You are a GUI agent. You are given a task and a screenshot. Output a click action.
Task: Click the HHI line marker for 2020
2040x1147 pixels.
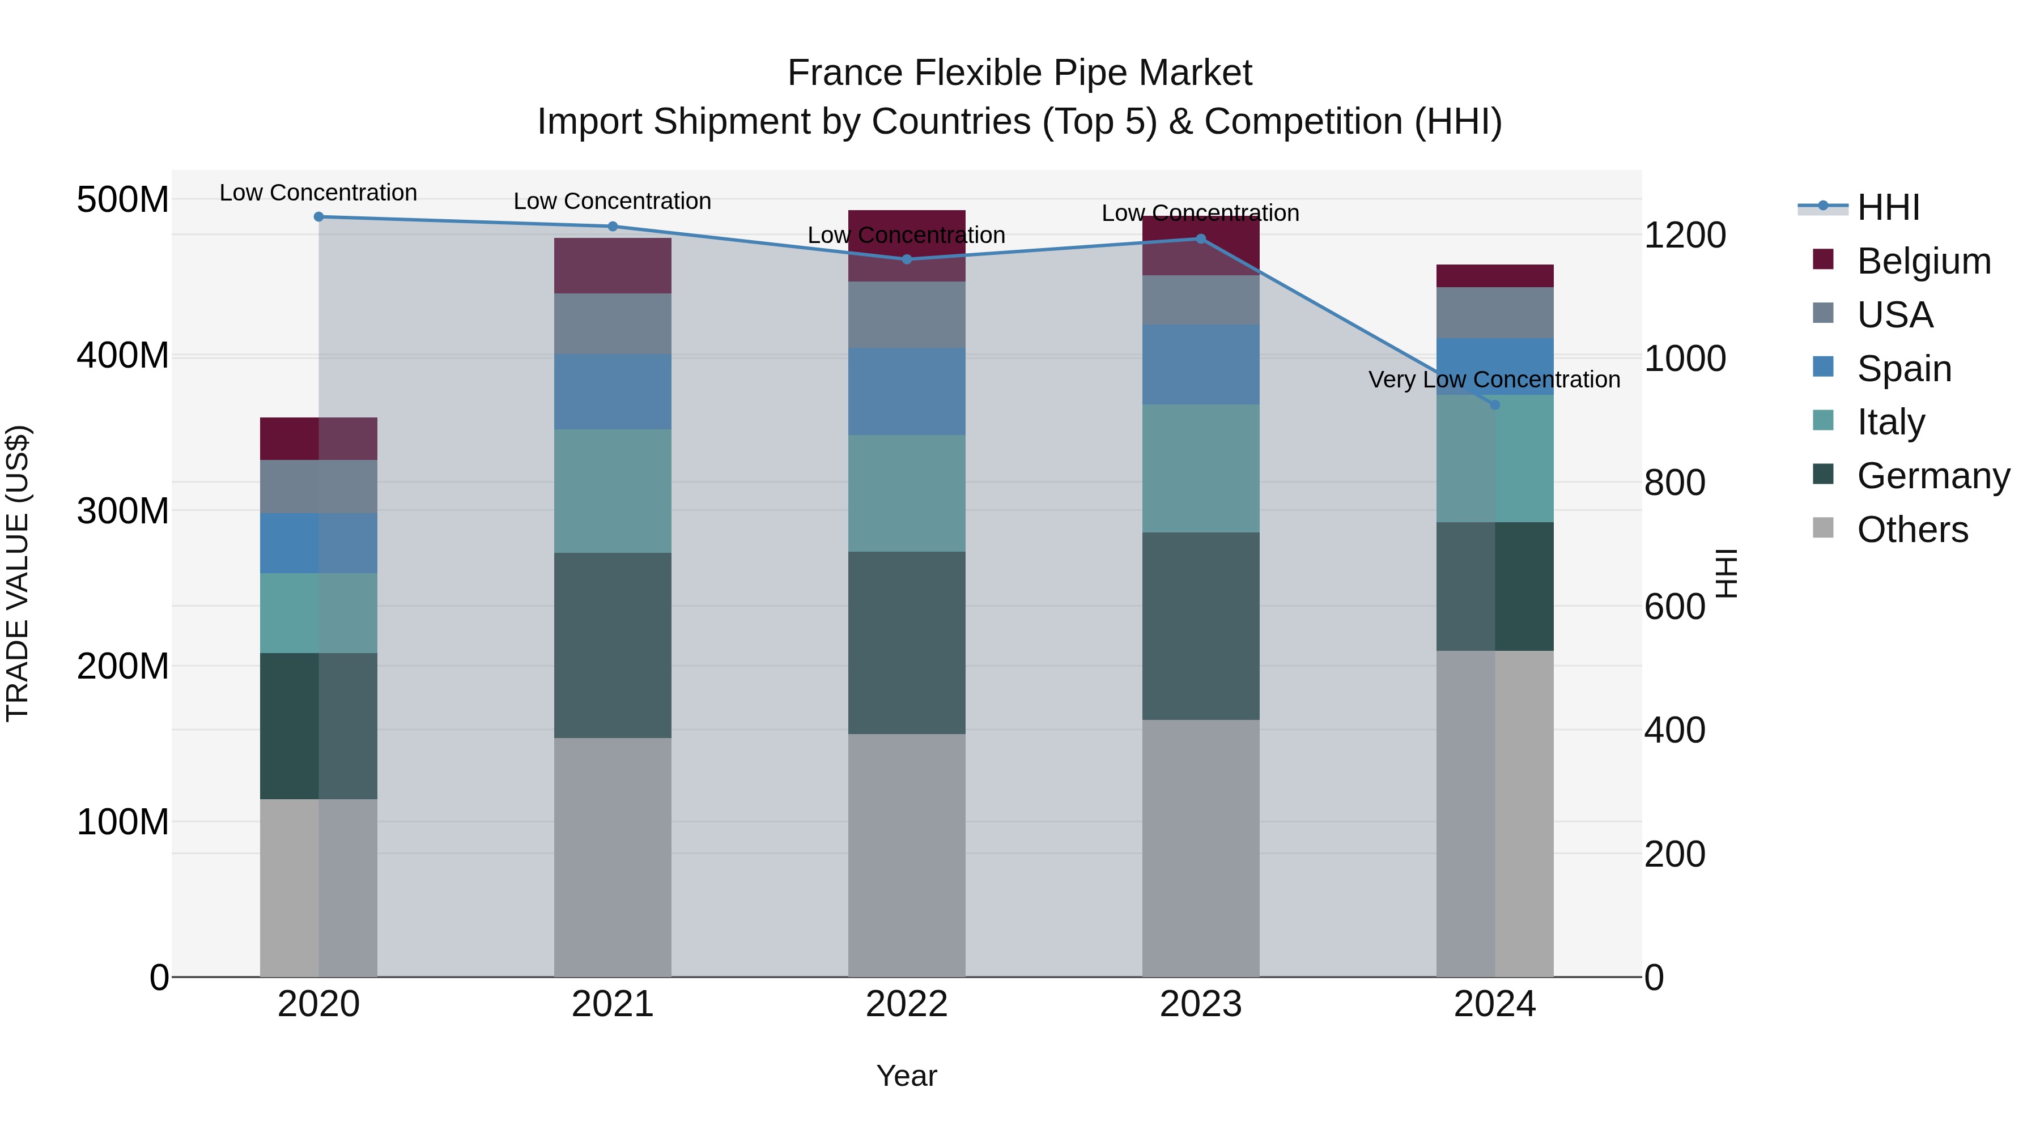318,216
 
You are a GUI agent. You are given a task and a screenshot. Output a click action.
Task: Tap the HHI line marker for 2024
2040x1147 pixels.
1494,404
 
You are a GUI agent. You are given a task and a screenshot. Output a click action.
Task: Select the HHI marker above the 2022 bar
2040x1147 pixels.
907,259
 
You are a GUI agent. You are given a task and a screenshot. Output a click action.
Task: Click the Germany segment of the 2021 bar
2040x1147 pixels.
612,645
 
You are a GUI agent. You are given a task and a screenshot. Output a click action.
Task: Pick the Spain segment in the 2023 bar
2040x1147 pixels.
1201,364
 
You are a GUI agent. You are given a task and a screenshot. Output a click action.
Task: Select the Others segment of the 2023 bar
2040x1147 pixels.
1201,847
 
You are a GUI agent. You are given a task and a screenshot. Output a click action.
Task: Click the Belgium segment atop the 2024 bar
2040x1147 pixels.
1494,275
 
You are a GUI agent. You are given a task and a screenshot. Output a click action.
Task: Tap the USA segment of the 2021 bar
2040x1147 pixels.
612,323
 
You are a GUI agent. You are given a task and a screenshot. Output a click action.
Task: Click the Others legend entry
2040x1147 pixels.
1912,530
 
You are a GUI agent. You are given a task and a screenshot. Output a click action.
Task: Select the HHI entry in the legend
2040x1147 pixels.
1888,207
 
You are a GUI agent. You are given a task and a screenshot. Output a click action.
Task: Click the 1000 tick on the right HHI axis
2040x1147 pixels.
1685,359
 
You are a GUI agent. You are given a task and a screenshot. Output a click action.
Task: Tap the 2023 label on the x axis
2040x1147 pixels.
1201,1004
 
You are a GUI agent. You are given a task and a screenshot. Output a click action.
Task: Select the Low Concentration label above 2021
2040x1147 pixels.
612,201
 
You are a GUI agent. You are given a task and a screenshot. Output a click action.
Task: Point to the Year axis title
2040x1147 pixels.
906,1076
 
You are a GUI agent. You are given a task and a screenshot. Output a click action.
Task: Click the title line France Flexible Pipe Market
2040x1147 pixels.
1019,73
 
